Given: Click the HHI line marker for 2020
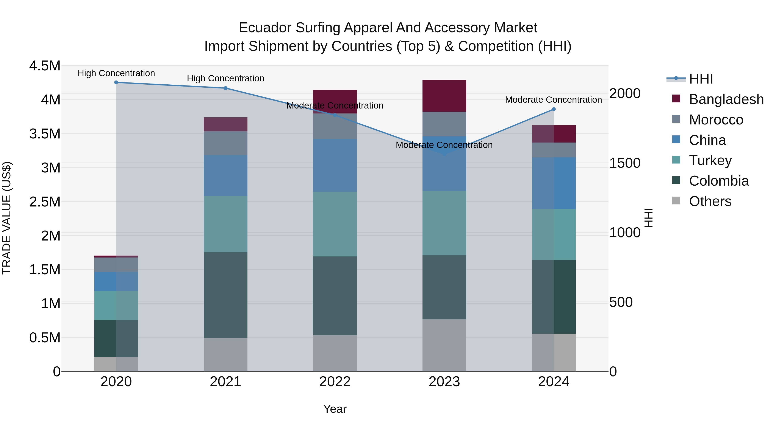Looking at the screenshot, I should click(116, 82).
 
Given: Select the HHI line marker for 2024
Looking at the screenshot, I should click(554, 109).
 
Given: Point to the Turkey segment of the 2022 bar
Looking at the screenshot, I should click(335, 224).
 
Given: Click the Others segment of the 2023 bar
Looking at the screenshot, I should click(444, 345).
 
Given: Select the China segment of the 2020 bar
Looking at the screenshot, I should click(116, 282).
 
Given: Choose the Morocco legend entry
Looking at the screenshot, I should click(716, 120).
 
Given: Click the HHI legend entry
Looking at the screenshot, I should click(701, 79).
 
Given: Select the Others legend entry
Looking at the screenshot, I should click(710, 201).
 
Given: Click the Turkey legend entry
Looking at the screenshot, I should click(710, 160).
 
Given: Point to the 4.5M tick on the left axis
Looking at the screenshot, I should click(45, 66).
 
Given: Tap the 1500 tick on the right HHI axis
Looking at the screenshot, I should click(625, 163).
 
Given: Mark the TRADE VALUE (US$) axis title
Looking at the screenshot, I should click(7, 218).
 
